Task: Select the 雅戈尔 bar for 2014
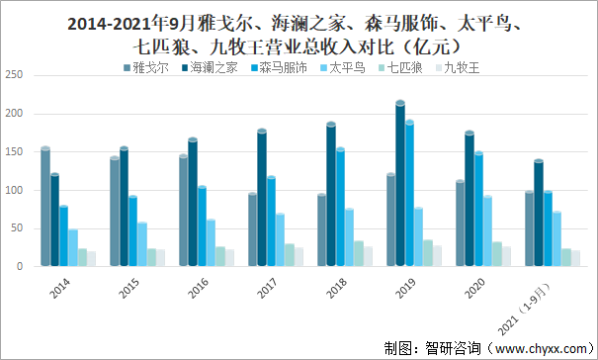point(45,208)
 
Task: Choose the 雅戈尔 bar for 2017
point(252,229)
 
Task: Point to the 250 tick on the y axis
point(14,75)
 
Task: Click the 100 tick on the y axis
point(14,190)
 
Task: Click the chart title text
point(299,32)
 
